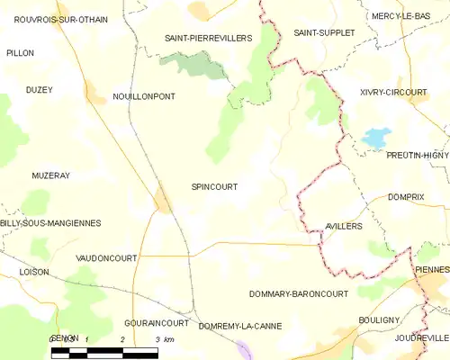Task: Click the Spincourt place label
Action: pos(214,187)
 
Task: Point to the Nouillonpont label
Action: pos(144,95)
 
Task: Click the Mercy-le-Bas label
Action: pos(400,16)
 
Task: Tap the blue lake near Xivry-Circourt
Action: pos(375,139)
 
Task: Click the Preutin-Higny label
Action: pos(417,156)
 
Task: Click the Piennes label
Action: pos(433,269)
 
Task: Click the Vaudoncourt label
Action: pos(106,257)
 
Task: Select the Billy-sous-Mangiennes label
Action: pos(50,222)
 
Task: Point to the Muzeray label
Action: pos(50,175)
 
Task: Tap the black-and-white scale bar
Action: pos(104,352)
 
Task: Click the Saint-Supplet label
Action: pos(324,32)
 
